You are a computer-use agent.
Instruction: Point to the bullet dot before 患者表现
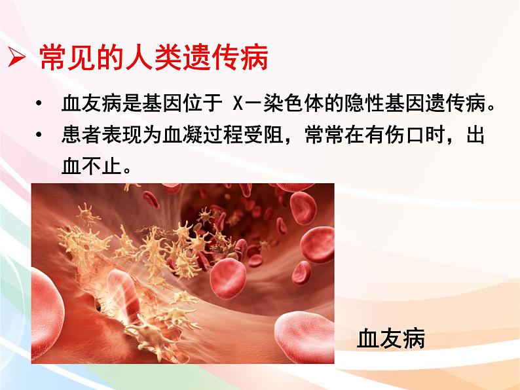[40, 136]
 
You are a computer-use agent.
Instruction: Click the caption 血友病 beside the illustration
[391, 338]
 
